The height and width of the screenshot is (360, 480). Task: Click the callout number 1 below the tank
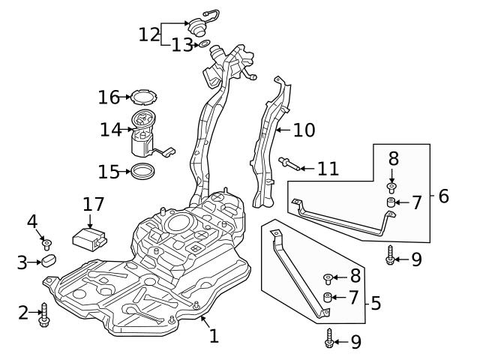(214, 336)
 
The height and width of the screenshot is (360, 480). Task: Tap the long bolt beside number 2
(45, 313)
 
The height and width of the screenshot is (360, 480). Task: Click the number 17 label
(94, 204)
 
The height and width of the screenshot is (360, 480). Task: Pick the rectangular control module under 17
(88, 239)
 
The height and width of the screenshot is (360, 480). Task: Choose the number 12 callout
(148, 34)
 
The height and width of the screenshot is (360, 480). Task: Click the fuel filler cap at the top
(199, 22)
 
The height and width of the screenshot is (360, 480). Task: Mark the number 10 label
(304, 130)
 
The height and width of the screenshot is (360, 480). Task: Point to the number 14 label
(111, 130)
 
